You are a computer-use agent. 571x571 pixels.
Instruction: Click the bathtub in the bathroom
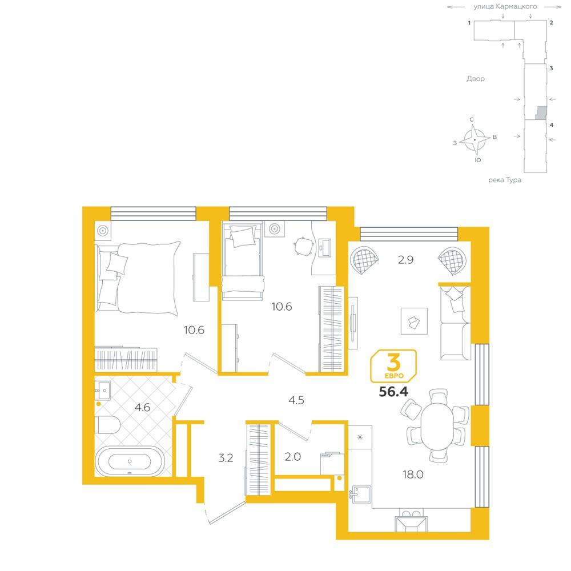[130, 461]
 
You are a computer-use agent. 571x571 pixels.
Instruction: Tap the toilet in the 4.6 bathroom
[107, 425]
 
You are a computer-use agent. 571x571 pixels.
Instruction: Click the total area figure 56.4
[393, 392]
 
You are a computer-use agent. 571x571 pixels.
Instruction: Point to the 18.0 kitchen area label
[413, 475]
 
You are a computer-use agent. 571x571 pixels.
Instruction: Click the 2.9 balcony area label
[405, 260]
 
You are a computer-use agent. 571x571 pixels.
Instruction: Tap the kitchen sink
[361, 494]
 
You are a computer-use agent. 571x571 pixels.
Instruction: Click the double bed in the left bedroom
[139, 278]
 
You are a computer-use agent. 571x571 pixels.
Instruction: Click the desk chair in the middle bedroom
[304, 247]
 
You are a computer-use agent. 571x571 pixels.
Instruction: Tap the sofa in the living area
[455, 323]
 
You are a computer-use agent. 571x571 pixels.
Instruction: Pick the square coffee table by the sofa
[414, 321]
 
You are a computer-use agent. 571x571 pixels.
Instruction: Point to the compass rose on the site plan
[475, 140]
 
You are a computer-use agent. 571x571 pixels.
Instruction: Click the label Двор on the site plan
[476, 79]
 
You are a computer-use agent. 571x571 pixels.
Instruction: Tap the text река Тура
[505, 180]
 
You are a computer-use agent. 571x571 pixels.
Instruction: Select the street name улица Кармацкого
[505, 6]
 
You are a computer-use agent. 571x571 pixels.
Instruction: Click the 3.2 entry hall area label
[226, 458]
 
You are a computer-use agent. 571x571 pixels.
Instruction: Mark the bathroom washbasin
[103, 391]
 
